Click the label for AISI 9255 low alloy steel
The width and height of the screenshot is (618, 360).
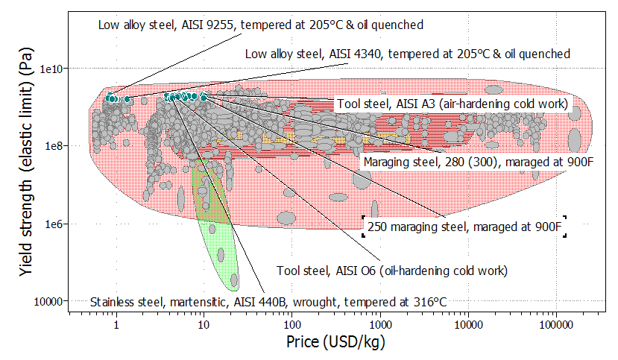(x=261, y=25)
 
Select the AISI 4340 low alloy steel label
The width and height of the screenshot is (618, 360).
(x=408, y=54)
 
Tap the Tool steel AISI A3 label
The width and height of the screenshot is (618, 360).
(x=453, y=104)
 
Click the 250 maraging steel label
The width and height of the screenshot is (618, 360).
(x=463, y=227)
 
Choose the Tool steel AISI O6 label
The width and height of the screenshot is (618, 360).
(x=391, y=271)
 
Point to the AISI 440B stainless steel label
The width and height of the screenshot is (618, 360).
(x=268, y=302)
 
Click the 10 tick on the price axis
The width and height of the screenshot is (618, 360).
(x=204, y=326)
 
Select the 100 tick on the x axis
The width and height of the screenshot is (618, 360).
(x=291, y=326)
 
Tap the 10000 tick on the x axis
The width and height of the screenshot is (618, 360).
(x=467, y=326)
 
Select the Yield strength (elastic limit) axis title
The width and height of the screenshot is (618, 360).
(x=28, y=167)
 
